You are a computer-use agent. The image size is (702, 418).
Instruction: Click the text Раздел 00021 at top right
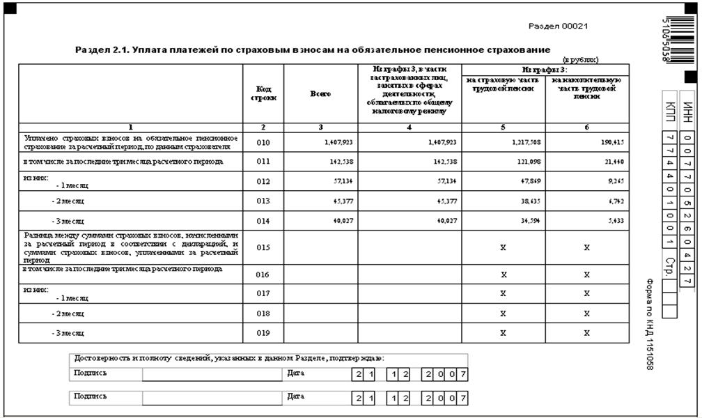click(x=559, y=26)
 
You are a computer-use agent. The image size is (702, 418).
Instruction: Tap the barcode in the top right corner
click(x=673, y=38)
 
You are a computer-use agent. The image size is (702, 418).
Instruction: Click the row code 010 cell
click(x=263, y=142)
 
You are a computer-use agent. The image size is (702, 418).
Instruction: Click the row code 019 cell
click(x=263, y=333)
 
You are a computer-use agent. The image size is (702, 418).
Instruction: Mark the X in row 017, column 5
click(x=504, y=294)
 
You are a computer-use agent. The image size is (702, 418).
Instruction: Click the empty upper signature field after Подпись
click(x=212, y=375)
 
